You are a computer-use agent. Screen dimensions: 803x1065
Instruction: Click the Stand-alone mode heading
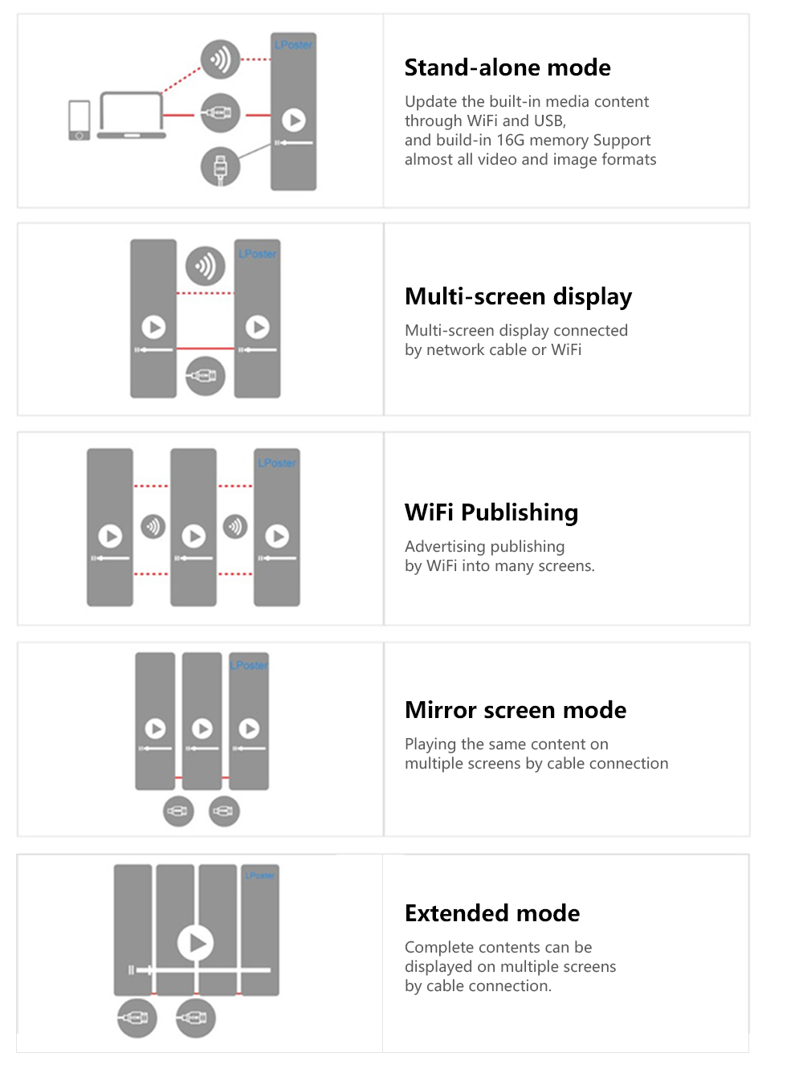coord(507,67)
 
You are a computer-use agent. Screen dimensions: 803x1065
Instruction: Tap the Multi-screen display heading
coord(519,296)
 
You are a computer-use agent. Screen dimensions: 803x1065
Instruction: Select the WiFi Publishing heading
coord(491,512)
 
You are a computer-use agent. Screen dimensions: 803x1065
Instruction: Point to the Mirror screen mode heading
coord(516,710)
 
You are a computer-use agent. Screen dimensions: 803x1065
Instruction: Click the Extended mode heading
coord(492,912)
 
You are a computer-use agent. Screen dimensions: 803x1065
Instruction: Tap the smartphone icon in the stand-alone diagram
coord(79,120)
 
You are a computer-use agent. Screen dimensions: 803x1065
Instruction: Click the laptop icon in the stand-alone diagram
coord(132,116)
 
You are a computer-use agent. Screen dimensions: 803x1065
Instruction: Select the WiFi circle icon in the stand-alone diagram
coord(220,59)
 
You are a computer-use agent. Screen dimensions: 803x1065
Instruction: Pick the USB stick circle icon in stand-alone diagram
coord(220,167)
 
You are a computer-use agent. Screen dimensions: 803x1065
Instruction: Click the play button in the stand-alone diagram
coord(294,120)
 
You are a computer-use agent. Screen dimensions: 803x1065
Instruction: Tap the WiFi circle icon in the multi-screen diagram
coord(205,266)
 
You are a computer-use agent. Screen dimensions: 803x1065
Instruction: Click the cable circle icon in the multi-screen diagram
coord(205,376)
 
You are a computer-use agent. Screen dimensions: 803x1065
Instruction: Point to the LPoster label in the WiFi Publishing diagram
coord(277,463)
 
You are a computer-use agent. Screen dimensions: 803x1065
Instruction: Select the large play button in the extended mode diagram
coord(195,943)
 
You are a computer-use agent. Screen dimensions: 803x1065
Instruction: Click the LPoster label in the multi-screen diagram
coord(257,254)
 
